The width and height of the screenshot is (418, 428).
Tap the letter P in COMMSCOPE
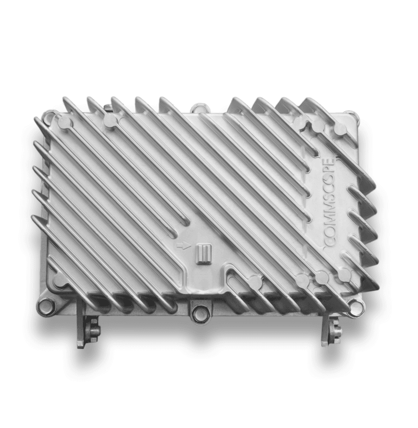(x=330, y=170)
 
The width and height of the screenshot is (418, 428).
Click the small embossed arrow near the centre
(x=181, y=245)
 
